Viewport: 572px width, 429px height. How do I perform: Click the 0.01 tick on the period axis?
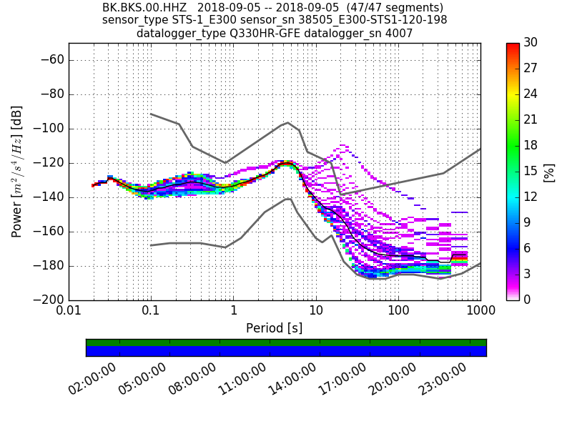[x=69, y=312]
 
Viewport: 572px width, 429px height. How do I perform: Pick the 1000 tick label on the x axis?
[x=480, y=312]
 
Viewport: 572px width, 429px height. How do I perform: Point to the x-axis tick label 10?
[x=316, y=312]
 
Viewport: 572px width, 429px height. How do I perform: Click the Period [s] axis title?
[x=274, y=328]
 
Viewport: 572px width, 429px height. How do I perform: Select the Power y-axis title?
[x=17, y=172]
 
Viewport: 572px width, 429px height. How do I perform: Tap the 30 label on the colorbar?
[x=531, y=43]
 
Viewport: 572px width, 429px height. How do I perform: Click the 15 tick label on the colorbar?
[x=531, y=171]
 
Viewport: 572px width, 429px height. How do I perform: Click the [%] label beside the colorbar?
[x=549, y=172]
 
